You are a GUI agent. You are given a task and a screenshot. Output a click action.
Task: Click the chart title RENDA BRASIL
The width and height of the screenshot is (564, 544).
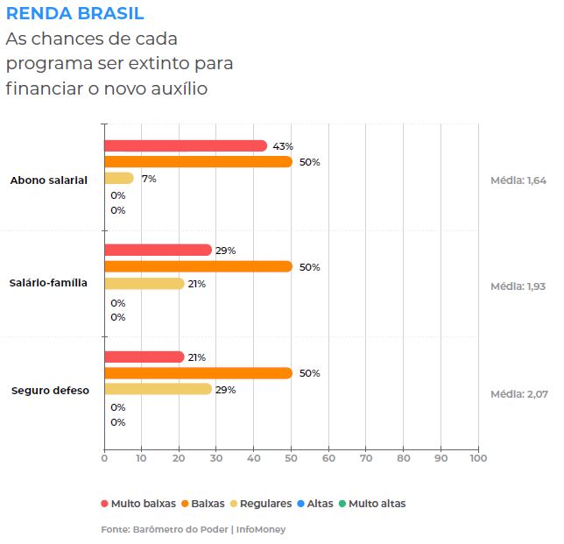coord(75,14)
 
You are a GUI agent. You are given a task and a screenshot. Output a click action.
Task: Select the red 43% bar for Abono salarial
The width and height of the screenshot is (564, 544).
coord(185,146)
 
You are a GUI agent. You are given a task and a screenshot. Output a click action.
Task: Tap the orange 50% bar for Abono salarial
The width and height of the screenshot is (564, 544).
coord(198,162)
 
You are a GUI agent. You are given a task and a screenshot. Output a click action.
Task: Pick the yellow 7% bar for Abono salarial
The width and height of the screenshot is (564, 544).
coord(119,179)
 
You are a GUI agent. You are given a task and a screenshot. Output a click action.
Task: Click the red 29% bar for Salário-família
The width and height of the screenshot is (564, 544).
coord(158,251)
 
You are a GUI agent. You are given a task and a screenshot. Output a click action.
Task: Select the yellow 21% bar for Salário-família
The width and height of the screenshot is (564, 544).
coord(144,284)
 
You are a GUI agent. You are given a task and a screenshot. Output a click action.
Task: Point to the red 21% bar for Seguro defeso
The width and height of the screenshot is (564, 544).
coord(144,357)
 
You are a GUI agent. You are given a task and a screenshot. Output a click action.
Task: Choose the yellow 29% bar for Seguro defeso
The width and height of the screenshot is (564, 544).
coord(158,389)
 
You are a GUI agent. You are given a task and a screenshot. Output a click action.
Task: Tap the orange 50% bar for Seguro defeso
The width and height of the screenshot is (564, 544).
coord(198,373)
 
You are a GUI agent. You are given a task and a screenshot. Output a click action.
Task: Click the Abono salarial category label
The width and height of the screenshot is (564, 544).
coord(48,180)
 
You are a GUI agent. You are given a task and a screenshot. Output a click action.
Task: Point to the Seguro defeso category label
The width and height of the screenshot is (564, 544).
coord(50,391)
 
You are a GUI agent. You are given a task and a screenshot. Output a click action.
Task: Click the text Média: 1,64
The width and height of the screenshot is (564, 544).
coord(518,180)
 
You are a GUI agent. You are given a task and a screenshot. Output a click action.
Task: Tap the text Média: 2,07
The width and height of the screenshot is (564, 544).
coord(518,394)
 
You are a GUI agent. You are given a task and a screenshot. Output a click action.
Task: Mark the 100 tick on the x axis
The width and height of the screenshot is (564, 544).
coord(477,457)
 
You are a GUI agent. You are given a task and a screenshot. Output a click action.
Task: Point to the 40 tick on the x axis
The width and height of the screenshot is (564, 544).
coord(254,457)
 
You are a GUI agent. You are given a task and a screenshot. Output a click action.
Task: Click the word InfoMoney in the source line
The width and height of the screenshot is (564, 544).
coord(261,529)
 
